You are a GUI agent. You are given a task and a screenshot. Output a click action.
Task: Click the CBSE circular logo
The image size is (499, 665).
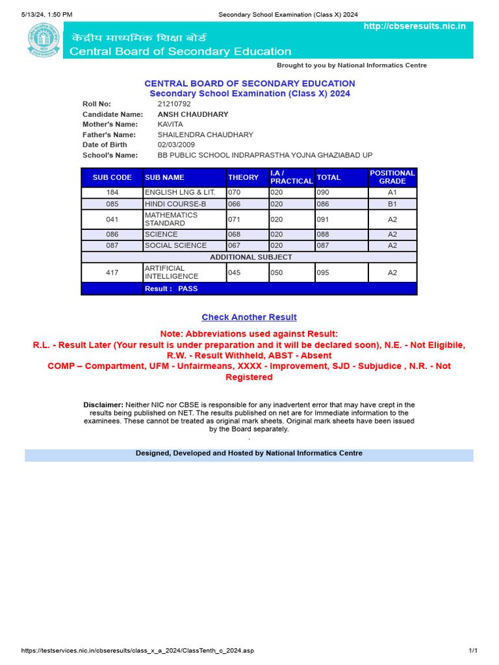click(x=42, y=40)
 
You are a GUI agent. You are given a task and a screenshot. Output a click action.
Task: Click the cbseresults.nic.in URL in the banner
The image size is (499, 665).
click(x=415, y=26)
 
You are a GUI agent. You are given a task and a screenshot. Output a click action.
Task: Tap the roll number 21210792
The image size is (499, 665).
click(x=174, y=104)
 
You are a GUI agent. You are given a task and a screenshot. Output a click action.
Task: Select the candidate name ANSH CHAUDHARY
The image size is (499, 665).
click(x=193, y=114)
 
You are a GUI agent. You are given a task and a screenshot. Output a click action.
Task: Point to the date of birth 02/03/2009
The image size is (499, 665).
click(x=176, y=145)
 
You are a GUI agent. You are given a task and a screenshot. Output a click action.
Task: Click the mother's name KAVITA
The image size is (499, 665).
click(x=170, y=124)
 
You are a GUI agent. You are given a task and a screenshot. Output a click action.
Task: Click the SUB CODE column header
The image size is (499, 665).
click(x=112, y=177)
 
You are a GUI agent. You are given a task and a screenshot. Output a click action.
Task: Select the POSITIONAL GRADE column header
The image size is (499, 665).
click(x=392, y=177)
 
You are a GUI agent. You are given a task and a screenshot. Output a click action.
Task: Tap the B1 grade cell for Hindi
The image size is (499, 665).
click(x=392, y=204)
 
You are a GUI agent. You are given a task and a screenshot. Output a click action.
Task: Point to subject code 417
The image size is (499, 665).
click(x=112, y=273)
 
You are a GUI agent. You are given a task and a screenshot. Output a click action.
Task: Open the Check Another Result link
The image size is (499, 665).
click(x=249, y=317)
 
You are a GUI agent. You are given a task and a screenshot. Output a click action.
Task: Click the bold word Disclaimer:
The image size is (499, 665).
click(x=103, y=405)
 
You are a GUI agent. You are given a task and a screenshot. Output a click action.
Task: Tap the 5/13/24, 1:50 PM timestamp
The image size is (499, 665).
click(x=46, y=14)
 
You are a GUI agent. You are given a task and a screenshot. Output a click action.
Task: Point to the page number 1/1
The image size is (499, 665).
click(x=473, y=651)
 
